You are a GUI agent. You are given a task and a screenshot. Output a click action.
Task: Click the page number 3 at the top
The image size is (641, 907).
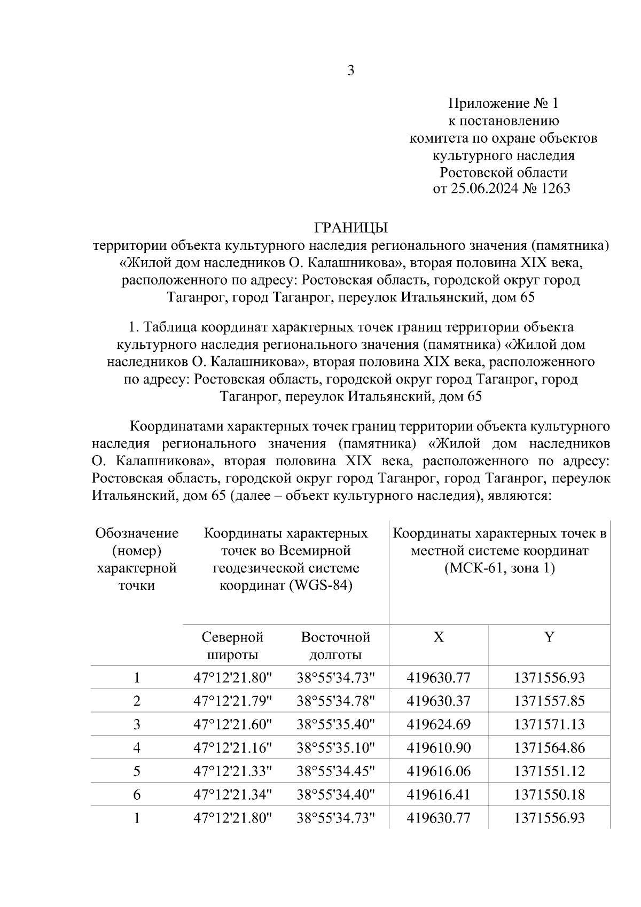[350, 71]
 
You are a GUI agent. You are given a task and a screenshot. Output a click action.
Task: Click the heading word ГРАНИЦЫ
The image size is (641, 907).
[350, 228]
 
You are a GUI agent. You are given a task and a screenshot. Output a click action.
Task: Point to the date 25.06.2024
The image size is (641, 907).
[480, 189]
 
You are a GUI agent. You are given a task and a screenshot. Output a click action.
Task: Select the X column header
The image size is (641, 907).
[439, 637]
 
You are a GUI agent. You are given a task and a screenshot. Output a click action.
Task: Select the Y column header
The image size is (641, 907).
[549, 637]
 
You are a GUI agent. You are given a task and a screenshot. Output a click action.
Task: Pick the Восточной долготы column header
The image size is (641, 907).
[335, 646]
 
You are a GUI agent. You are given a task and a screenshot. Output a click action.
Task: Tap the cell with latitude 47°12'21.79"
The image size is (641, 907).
[232, 701]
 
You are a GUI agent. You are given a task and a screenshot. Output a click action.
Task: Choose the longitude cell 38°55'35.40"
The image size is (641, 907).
[335, 725]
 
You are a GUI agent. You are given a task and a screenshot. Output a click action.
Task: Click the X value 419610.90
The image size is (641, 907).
[439, 748]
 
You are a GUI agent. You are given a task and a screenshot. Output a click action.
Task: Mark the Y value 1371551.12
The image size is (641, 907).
[549, 771]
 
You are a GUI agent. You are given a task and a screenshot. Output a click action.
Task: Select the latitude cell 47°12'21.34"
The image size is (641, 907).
[232, 795]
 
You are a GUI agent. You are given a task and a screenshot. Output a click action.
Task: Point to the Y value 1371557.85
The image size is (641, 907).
[549, 701]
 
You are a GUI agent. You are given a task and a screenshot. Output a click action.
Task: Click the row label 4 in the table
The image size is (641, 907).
[137, 748]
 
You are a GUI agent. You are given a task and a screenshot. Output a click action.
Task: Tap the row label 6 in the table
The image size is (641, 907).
[137, 795]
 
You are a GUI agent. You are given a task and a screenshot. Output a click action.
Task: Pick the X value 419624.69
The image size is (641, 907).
[439, 725]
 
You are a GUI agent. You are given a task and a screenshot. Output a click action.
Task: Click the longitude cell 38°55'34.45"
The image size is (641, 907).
[335, 771]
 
